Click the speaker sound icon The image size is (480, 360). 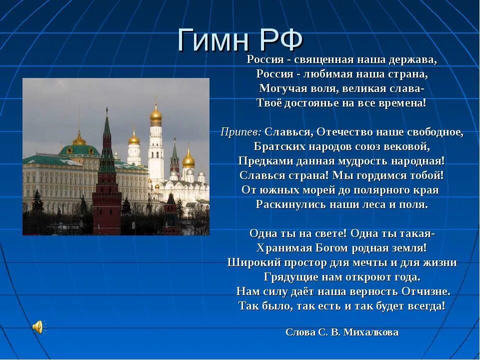click(38, 327)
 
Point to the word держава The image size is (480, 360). click(416, 59)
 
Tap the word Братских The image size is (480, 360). click(274, 146)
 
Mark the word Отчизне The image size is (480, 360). click(426, 291)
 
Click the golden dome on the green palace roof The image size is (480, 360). click(79, 139)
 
